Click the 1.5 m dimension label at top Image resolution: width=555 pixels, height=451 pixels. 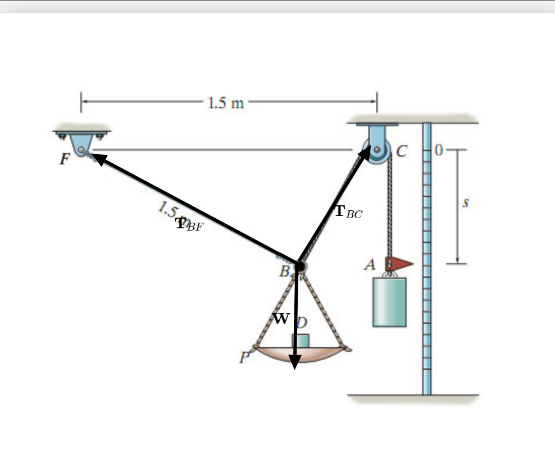coord(226,103)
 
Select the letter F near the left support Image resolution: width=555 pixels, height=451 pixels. coord(65,159)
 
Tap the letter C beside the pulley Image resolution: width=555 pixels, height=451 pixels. coord(401,151)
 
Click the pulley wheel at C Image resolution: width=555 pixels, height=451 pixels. coord(377,151)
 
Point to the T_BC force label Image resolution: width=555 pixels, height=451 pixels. coord(348,212)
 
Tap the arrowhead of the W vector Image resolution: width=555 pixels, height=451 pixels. coord(295,362)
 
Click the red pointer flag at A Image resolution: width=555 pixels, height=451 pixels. coord(398,263)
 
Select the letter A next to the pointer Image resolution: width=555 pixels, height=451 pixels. coord(370,265)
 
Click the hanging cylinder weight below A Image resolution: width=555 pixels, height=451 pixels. coord(389,302)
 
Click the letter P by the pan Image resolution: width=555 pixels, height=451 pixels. coord(244,357)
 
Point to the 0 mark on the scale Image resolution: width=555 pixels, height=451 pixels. coord(439,150)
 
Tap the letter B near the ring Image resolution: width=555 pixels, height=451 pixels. coord(285,272)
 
